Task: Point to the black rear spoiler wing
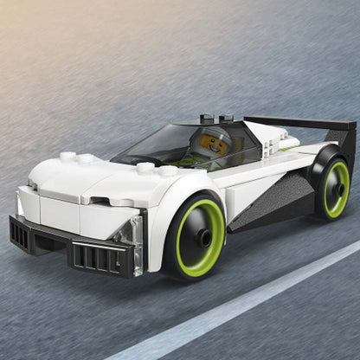294,123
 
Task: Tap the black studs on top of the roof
217,118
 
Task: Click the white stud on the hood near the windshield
145,168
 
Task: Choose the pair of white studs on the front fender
78,157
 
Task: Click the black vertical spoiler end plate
345,138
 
